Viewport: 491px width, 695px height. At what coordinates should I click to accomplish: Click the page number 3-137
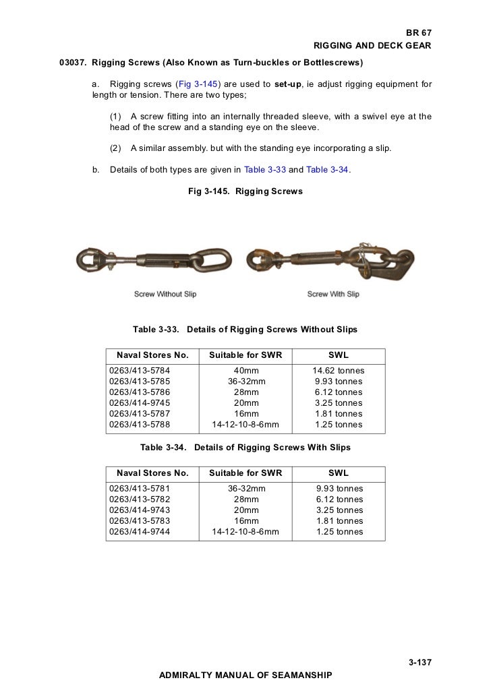click(x=420, y=663)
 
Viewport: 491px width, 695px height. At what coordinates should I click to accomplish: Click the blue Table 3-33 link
click(x=265, y=169)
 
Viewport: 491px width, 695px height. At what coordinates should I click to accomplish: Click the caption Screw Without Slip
click(x=165, y=294)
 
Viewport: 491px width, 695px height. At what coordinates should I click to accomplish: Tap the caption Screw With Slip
click(x=333, y=294)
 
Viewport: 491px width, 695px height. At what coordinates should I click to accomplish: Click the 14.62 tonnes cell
click(x=338, y=370)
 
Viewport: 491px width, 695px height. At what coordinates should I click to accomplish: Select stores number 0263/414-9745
click(x=140, y=402)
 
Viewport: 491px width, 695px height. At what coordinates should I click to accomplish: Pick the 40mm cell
click(x=246, y=370)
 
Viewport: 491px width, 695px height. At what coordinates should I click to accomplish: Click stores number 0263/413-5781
click(x=140, y=488)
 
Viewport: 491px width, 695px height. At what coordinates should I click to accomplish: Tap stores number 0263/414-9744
click(x=140, y=531)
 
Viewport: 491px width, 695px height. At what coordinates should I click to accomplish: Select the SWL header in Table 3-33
click(x=338, y=355)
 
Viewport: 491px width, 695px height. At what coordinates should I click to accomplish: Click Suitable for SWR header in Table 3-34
click(x=246, y=473)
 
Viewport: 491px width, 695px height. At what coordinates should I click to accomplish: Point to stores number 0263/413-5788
click(x=140, y=424)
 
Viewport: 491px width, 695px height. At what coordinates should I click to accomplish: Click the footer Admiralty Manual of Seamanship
click(x=245, y=674)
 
